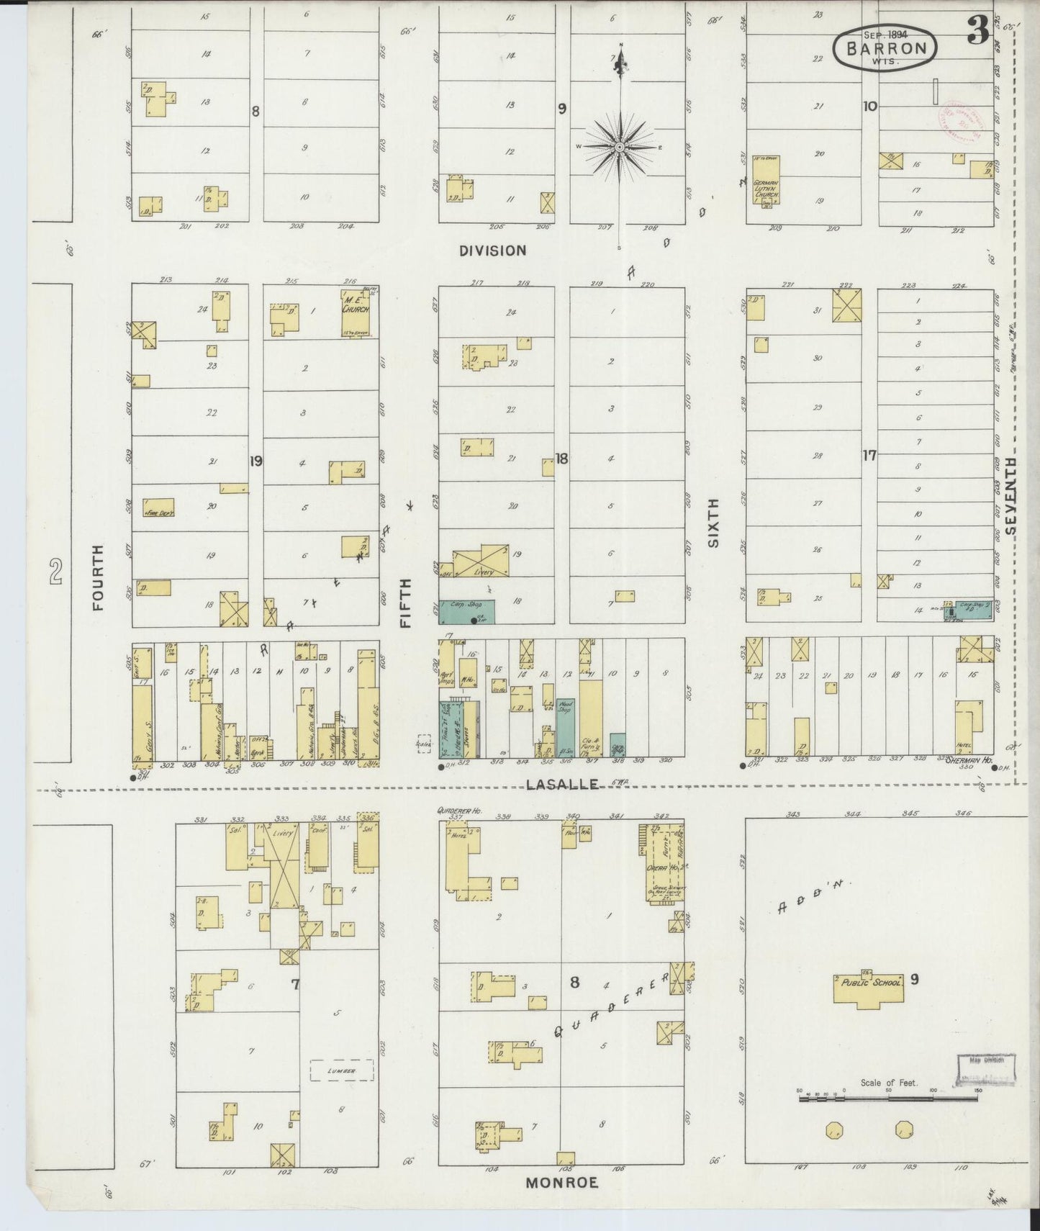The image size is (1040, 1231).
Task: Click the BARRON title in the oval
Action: [x=885, y=48]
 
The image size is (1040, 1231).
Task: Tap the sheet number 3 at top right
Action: [x=977, y=30]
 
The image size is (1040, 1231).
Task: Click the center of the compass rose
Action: [x=620, y=147]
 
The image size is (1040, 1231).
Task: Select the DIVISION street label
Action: [x=493, y=251]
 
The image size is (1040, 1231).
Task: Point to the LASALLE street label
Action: [x=562, y=784]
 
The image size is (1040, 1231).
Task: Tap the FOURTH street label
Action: [x=99, y=577]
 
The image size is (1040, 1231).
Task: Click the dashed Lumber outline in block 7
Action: [x=342, y=1070]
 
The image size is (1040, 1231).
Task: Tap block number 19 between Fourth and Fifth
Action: [x=256, y=459]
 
